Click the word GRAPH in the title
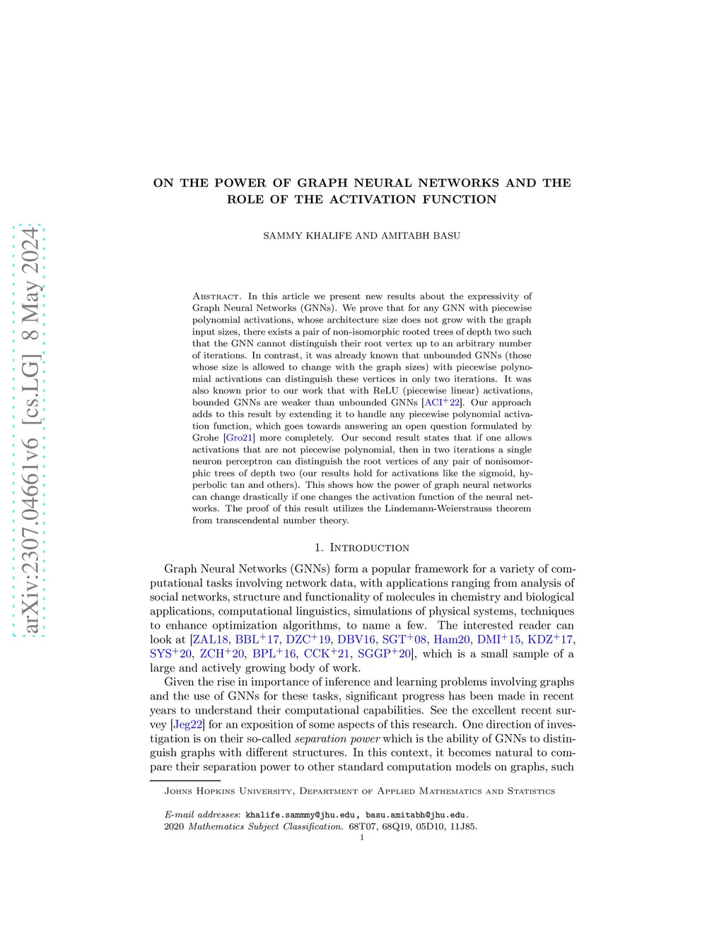pos(322,183)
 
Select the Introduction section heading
pos(370,548)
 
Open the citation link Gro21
pos(239,438)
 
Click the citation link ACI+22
pos(442,402)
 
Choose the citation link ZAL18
pos(211,639)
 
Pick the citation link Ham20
pos(452,639)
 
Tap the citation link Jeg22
pos(188,724)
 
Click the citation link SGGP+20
pos(385,653)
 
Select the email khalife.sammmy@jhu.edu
pos(304,815)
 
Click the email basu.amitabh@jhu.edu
pos(416,815)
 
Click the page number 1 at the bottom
pos(362,837)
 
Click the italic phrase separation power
pos(337,738)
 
